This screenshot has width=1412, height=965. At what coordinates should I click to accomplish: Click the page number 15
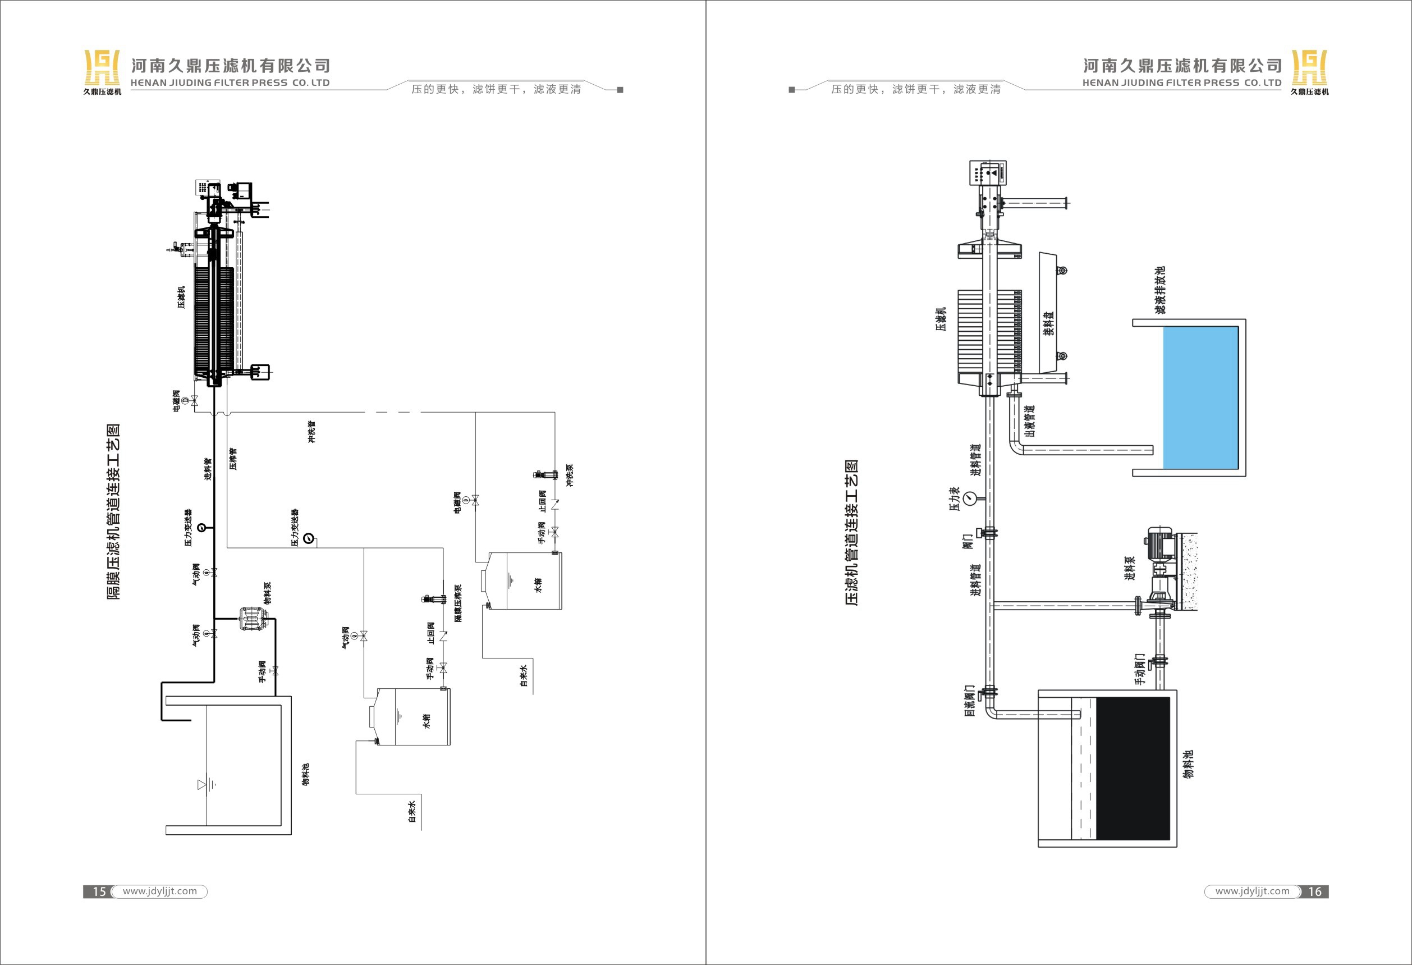99,891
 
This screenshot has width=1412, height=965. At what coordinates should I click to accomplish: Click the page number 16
1315,891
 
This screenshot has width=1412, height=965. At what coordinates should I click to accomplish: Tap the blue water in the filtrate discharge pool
1200,397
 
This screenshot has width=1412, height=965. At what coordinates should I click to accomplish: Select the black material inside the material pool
1131,768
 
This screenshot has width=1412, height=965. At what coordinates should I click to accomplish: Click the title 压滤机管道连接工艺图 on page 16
852,533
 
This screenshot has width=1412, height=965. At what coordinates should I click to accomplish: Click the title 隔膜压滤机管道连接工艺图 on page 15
113,511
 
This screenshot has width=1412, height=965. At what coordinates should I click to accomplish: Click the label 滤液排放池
1160,290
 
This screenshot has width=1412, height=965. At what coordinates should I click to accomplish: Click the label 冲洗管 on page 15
311,432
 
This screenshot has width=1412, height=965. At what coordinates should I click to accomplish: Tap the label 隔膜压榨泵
458,603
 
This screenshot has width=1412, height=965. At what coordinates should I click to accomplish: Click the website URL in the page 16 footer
1252,891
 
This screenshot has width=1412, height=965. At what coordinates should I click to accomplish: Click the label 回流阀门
970,701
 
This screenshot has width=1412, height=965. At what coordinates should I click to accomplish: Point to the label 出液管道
1029,420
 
